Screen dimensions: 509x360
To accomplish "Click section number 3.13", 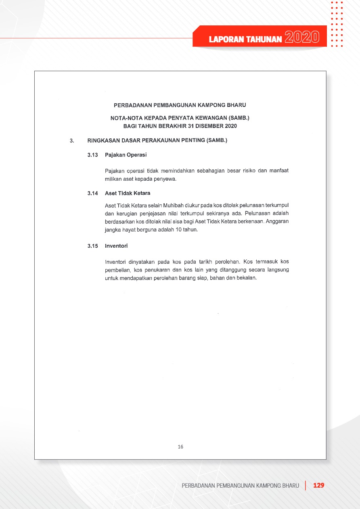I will pyautogui.click(x=93, y=155).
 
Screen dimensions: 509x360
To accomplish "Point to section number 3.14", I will pyautogui.click(x=93, y=193).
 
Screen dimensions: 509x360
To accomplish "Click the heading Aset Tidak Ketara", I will pyautogui.click(x=128, y=193).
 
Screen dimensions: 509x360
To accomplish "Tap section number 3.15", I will pyautogui.click(x=93, y=246).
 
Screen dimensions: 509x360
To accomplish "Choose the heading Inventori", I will pyautogui.click(x=116, y=246).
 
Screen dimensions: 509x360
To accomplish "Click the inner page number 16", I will pyautogui.click(x=180, y=446).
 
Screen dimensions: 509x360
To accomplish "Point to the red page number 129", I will pyautogui.click(x=319, y=485).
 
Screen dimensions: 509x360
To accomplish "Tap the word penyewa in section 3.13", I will pyautogui.click(x=165, y=179).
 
